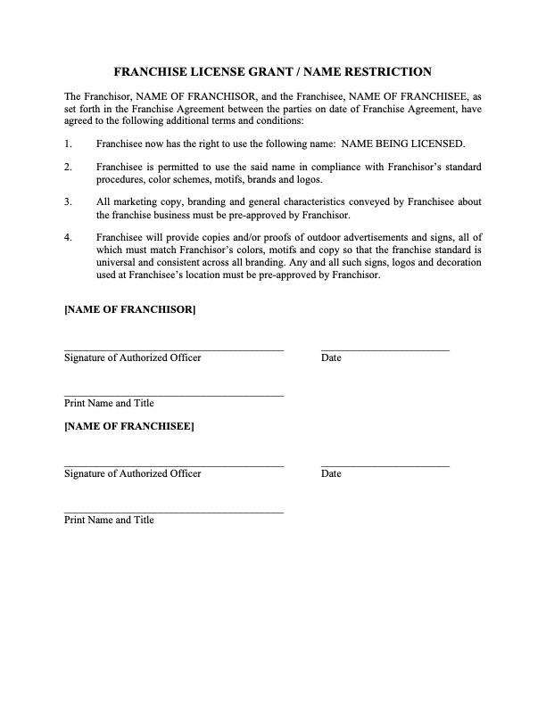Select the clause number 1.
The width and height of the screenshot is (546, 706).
[x=68, y=144]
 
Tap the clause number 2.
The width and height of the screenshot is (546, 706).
[x=68, y=167]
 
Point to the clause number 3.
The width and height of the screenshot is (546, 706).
[x=68, y=201]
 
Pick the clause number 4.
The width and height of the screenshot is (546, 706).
[x=68, y=237]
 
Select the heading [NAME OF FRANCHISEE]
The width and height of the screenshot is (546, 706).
[x=129, y=425]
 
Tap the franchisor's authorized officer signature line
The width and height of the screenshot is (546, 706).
[x=174, y=350]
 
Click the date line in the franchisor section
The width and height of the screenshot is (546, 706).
[x=385, y=350]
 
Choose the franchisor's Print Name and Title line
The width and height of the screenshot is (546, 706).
[x=174, y=396]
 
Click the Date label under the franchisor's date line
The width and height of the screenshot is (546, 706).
[x=331, y=358]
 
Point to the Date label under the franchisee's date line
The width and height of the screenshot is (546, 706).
[x=331, y=474]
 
